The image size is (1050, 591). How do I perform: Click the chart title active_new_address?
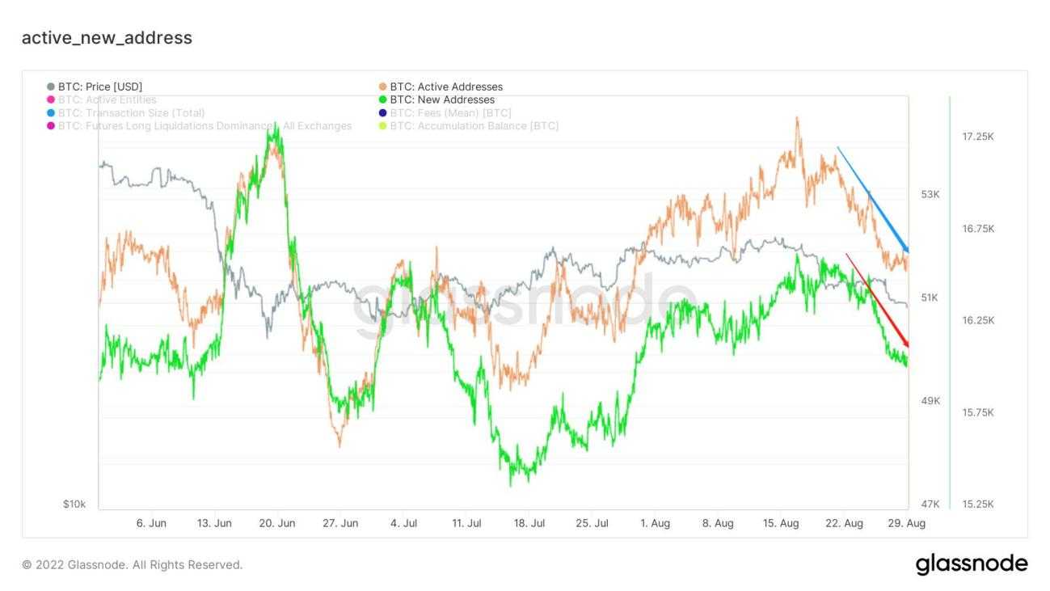click(x=107, y=38)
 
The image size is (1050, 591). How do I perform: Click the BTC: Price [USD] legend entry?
click(x=99, y=87)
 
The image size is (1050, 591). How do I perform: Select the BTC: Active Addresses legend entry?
click(x=445, y=87)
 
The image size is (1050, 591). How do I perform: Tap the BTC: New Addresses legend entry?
click(x=441, y=99)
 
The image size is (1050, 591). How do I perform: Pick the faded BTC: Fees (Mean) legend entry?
click(x=450, y=112)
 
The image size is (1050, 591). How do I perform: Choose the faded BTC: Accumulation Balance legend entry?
click(x=474, y=125)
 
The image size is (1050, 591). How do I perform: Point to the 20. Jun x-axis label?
click(x=277, y=524)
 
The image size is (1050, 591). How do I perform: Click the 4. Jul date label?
click(x=403, y=524)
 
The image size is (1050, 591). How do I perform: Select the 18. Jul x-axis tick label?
click(x=529, y=524)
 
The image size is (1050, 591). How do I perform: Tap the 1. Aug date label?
click(x=655, y=524)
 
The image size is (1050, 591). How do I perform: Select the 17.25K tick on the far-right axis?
click(x=978, y=137)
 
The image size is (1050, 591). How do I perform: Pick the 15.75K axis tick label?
click(x=978, y=412)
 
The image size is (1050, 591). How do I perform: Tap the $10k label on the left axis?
click(x=74, y=504)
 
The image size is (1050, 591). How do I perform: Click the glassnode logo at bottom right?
click(x=972, y=564)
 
